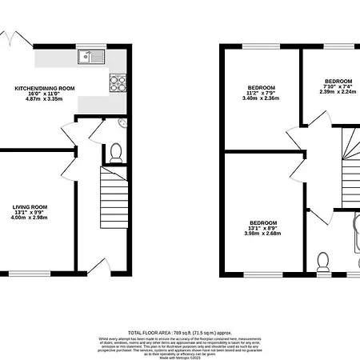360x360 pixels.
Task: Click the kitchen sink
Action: tap(93, 56)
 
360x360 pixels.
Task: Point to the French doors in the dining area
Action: tap(14, 38)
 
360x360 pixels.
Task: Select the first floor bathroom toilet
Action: tap(323, 262)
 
